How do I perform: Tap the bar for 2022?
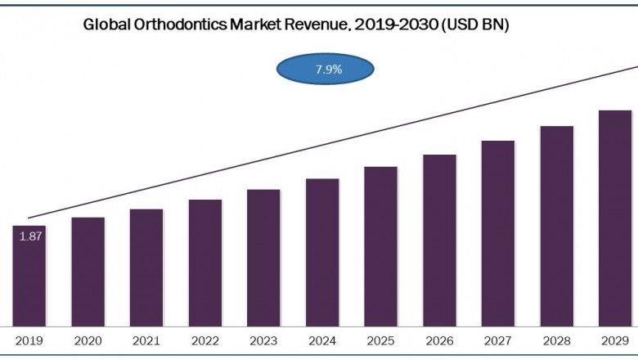(x=204, y=263)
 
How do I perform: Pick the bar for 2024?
(x=322, y=252)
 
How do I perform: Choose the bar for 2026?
(x=439, y=241)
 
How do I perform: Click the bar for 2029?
(x=615, y=218)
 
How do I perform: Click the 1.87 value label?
(x=30, y=236)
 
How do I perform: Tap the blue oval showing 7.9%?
(x=325, y=70)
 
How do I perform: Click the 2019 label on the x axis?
(x=29, y=340)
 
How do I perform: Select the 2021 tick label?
(x=146, y=340)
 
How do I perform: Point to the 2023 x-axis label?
(x=263, y=340)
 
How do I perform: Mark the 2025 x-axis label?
(x=380, y=340)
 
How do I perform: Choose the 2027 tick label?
(x=497, y=340)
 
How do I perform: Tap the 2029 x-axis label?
(x=615, y=340)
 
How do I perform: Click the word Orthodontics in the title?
(x=177, y=25)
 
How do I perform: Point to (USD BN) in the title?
(x=475, y=25)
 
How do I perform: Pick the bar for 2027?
(x=497, y=233)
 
